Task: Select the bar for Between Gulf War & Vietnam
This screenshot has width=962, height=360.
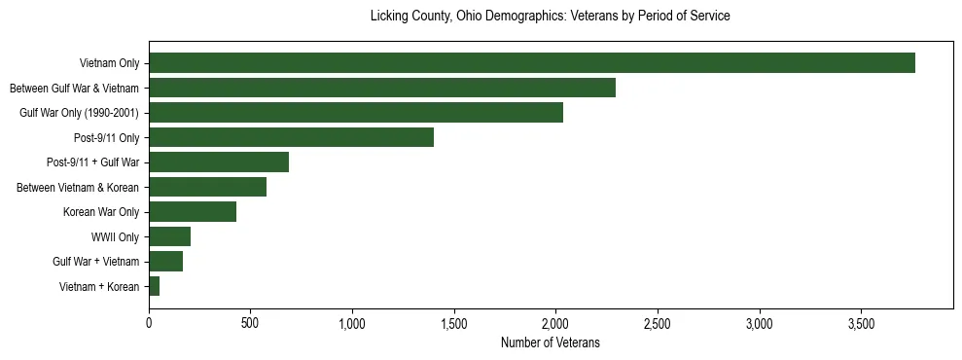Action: [381, 89]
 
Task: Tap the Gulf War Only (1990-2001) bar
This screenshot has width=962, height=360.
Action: [355, 113]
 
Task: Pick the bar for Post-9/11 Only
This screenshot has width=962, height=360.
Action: [291, 138]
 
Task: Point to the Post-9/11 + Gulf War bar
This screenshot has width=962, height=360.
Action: [218, 162]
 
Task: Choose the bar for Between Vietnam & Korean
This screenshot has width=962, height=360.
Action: [207, 187]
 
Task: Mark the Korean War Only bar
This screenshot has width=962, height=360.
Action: [192, 212]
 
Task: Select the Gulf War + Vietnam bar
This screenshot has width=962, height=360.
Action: [165, 262]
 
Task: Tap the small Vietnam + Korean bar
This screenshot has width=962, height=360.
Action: [154, 286]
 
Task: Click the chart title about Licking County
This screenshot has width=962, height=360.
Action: [550, 17]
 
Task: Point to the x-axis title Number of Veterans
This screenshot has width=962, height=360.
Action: [550, 343]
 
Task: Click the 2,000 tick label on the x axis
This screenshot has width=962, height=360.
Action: [555, 323]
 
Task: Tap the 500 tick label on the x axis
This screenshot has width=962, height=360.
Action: [250, 323]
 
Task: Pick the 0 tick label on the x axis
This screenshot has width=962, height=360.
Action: [149, 323]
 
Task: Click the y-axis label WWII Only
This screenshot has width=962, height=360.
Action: [115, 237]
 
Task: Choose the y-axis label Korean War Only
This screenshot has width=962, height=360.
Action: [100, 212]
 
